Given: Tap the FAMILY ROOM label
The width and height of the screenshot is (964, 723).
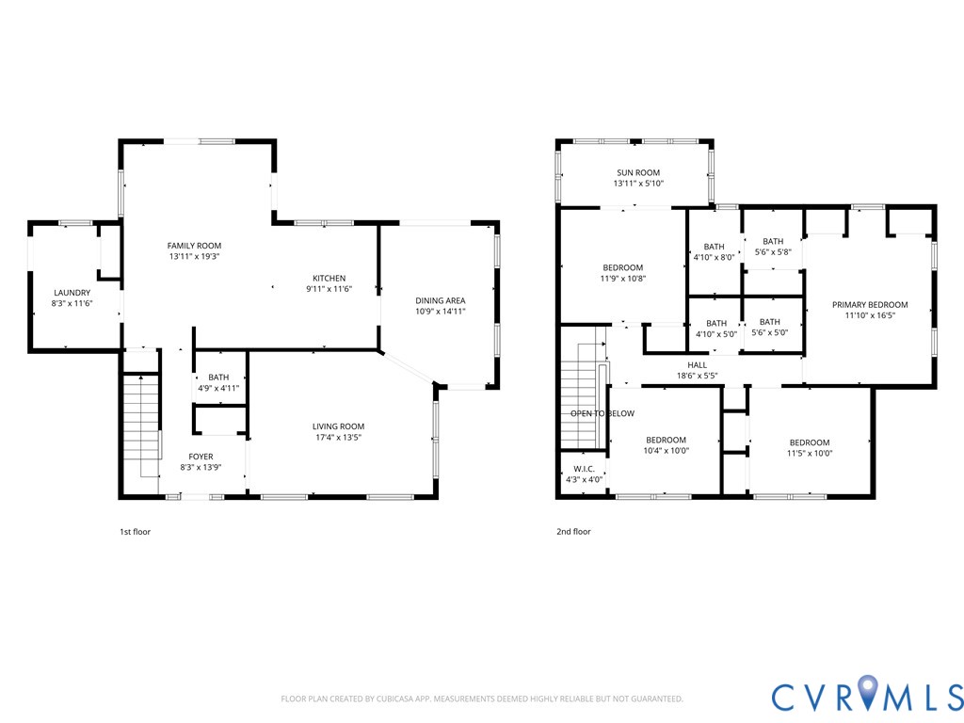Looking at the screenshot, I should (x=194, y=245).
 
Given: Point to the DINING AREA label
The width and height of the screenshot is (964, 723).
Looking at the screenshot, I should (x=441, y=300).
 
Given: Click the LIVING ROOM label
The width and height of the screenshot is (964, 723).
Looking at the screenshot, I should (x=338, y=426).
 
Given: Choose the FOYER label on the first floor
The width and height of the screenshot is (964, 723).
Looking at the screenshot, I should (x=201, y=457).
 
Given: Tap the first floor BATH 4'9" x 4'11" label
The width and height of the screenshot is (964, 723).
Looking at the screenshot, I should (x=218, y=378).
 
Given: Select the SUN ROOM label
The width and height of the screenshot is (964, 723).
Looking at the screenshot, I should (x=638, y=172).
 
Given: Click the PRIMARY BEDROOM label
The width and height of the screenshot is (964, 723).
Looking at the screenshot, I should (x=870, y=305).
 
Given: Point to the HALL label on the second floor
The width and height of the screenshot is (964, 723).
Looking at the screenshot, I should (x=697, y=364).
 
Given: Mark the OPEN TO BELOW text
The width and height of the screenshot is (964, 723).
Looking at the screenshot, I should (x=602, y=413).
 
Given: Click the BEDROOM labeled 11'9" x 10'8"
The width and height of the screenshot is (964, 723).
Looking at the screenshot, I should (x=623, y=267).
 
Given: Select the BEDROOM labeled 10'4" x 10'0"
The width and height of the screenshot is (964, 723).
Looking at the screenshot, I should (x=667, y=441).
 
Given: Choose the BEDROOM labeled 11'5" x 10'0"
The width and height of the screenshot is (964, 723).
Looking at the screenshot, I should (x=810, y=442).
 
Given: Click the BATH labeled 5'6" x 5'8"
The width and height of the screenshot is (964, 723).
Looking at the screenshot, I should (x=772, y=241).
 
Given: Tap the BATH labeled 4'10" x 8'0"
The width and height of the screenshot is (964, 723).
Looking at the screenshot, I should (x=714, y=247).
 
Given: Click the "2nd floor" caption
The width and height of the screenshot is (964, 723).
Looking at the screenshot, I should (x=573, y=532).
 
